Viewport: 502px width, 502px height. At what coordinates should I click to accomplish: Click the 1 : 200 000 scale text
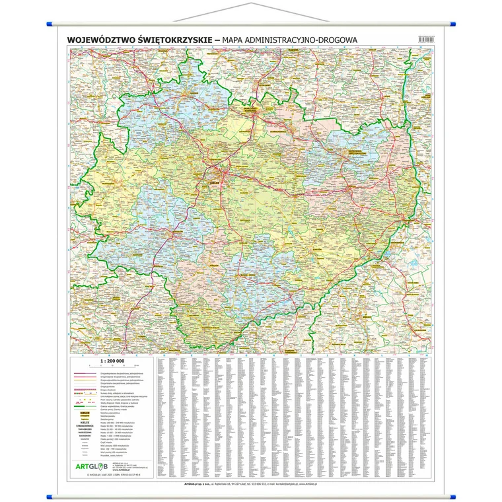(x=112, y=361)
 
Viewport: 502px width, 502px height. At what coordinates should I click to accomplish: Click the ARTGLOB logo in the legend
(x=111, y=467)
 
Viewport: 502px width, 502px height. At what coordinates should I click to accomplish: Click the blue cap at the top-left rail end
(x=50, y=24)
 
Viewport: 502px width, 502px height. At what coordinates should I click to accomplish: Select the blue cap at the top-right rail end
(x=452, y=24)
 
